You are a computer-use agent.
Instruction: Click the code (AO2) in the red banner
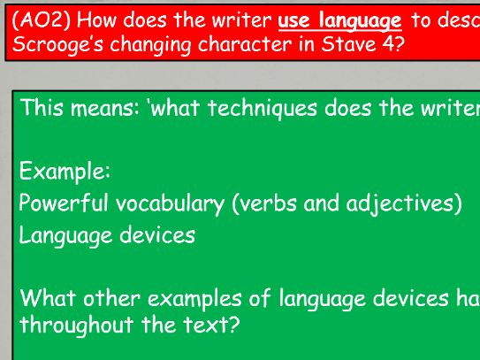pos(41,21)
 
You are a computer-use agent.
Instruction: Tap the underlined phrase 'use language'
pos(339,22)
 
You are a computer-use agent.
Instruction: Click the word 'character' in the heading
pos(244,45)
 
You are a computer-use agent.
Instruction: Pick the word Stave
pos(348,44)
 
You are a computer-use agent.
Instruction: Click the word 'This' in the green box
pos(42,108)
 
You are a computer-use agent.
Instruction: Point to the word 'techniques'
pos(263,109)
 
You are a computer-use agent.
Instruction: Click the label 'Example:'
pos(65,172)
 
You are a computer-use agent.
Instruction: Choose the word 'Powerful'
pos(64,203)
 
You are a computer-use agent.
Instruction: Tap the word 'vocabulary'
pos(171,204)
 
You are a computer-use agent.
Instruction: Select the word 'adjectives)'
pos(404,204)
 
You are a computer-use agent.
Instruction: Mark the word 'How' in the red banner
pos(96,21)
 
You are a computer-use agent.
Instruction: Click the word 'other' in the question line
pos(112,298)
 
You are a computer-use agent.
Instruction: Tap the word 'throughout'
pos(77,326)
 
